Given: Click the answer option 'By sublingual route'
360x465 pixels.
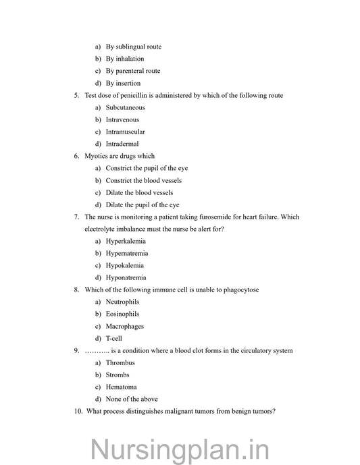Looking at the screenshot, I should (133, 47).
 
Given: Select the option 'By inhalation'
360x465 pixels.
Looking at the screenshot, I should (124, 59).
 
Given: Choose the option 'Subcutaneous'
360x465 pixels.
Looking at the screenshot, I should (125, 107).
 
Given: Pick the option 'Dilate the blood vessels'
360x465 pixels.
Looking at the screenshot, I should (139, 192).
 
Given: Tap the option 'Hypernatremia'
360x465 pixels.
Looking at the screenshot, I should (127, 253).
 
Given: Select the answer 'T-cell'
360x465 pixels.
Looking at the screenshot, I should (114, 338).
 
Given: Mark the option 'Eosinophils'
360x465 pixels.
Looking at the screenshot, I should (122, 314).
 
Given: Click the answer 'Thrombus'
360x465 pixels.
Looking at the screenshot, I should (120, 362).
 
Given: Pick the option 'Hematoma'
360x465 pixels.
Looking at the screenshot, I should (121, 387).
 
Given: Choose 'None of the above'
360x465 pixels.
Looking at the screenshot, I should (132, 399).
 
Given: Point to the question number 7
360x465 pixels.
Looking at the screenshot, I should (76, 217).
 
